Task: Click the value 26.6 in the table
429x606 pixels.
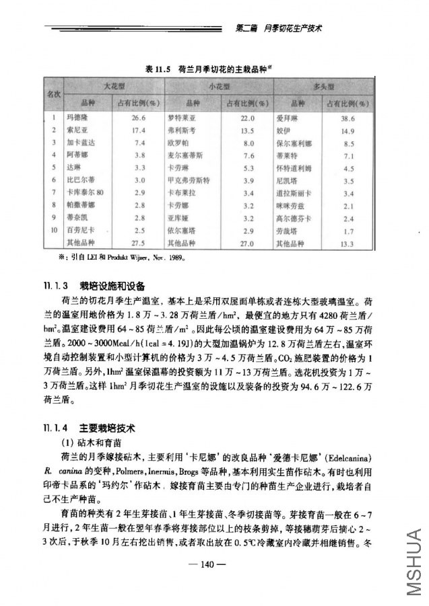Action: pyautogui.click(x=139, y=117)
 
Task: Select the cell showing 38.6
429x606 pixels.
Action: pyautogui.click(x=348, y=118)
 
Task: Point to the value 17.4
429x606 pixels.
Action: pyautogui.click(x=139, y=130)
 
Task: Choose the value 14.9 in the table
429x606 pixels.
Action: pyautogui.click(x=348, y=130)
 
